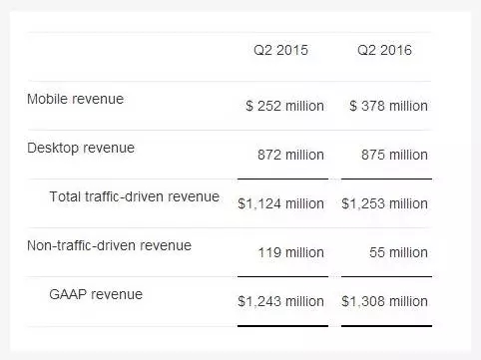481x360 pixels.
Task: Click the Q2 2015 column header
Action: (280, 50)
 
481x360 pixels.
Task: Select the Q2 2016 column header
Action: (384, 50)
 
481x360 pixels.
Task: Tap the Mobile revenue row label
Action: (75, 99)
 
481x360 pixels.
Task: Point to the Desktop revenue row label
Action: (81, 149)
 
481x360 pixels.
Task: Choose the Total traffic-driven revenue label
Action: (134, 196)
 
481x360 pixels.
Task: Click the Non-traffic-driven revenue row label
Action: (109, 245)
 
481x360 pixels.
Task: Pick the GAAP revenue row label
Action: (96, 294)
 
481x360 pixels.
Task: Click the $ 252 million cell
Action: (284, 106)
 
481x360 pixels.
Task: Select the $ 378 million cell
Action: (388, 106)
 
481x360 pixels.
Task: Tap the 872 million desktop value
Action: (290, 155)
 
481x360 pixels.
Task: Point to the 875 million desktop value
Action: (394, 155)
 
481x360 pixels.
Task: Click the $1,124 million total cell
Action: (280, 203)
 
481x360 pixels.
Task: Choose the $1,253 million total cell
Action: (384, 203)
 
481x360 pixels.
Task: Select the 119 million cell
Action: (291, 252)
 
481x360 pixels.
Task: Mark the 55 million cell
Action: (398, 252)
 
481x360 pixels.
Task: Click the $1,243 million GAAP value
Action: (280, 301)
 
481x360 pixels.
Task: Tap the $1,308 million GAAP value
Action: (384, 301)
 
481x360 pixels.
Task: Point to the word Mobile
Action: (48, 99)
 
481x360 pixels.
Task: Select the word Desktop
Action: (53, 149)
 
